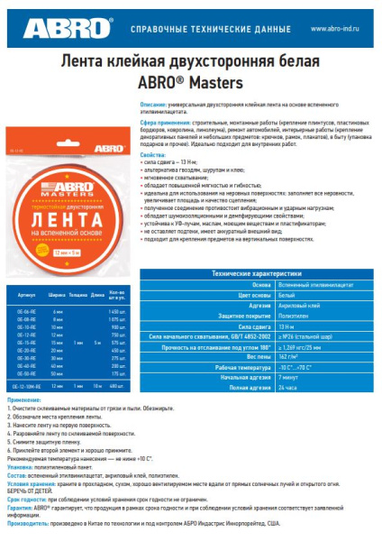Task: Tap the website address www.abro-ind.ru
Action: point(337,29)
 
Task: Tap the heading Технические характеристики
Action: point(256,271)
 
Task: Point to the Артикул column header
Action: point(26,295)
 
